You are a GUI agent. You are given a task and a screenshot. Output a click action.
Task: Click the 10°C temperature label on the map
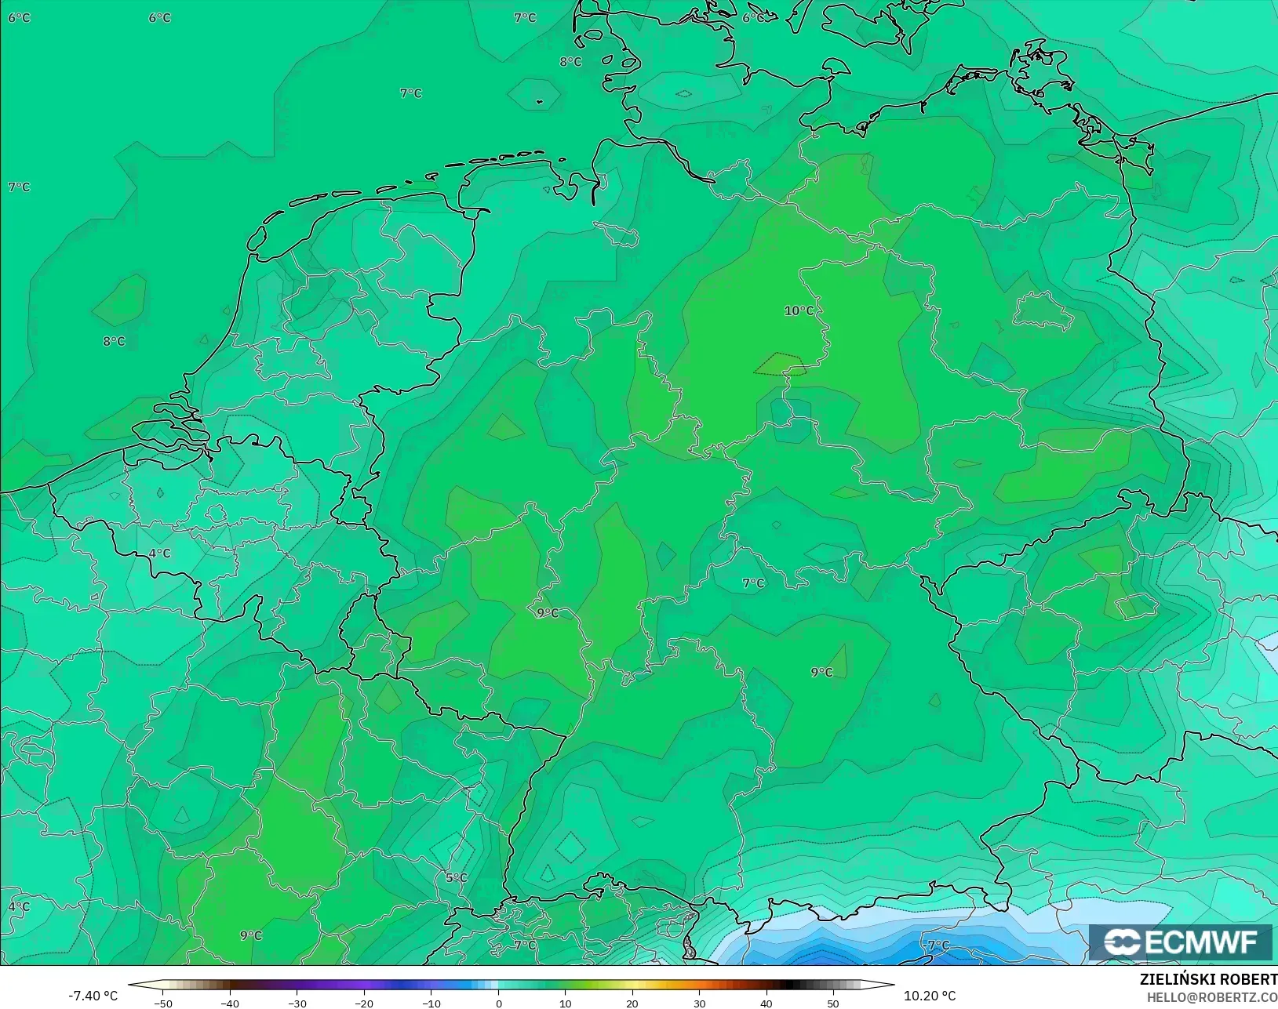pyautogui.click(x=799, y=311)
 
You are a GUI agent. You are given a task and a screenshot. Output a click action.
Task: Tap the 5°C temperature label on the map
pyautogui.click(x=456, y=878)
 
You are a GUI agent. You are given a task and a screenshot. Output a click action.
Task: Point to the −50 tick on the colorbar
pyautogui.click(x=163, y=1004)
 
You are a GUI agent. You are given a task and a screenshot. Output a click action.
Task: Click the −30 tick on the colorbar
pyautogui.click(x=297, y=1004)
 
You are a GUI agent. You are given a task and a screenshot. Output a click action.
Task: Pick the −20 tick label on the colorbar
pyautogui.click(x=363, y=1004)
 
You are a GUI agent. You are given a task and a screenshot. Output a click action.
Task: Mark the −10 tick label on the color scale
pyautogui.click(x=431, y=1004)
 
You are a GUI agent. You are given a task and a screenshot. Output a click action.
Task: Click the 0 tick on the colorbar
pyautogui.click(x=499, y=1004)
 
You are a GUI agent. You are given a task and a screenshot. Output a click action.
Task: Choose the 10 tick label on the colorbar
pyautogui.click(x=566, y=1004)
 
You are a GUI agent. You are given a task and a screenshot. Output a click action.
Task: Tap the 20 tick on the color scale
pyautogui.click(x=632, y=1004)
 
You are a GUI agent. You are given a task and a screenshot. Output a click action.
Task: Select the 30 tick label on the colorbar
pyautogui.click(x=700, y=1004)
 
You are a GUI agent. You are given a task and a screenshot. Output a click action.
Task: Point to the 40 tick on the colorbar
pyautogui.click(x=766, y=1004)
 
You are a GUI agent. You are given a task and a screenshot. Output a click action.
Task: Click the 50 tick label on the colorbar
pyautogui.click(x=833, y=1004)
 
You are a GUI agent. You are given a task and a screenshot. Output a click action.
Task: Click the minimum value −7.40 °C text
pyautogui.click(x=93, y=996)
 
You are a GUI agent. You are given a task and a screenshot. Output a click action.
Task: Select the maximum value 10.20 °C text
pyautogui.click(x=930, y=996)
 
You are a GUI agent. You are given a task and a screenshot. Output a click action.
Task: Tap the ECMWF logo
pyautogui.click(x=1180, y=942)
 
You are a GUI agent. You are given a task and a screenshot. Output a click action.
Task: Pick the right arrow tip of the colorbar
pyautogui.click(x=893, y=985)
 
